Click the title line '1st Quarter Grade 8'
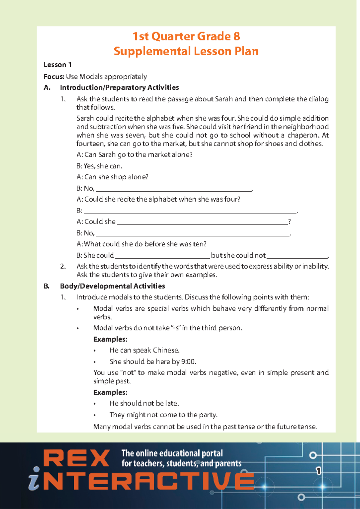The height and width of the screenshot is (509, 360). coord(186,37)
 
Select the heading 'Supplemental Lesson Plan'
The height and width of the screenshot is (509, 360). coord(186,51)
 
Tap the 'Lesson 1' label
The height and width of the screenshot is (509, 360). coord(58,65)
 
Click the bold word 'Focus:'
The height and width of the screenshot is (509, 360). coord(54,77)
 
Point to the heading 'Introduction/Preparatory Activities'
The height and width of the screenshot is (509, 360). coord(119,88)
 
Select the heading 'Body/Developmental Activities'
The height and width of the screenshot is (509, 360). coord(112,286)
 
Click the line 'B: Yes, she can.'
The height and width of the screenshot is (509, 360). coord(99,166)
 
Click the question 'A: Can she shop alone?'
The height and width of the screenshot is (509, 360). coord(112,177)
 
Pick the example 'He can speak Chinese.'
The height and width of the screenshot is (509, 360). coord(144,350)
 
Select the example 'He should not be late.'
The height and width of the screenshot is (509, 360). coord(144,403)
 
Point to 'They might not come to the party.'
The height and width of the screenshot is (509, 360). coord(163,415)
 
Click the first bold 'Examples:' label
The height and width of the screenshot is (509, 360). coord(110,339)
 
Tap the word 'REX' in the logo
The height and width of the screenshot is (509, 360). coord(77,459)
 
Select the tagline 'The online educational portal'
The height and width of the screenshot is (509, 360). coord(172,453)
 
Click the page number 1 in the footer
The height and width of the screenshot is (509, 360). coord(318,471)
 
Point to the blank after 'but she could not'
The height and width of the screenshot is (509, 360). coord(297,257)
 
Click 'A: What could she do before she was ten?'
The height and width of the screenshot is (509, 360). coord(142,244)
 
